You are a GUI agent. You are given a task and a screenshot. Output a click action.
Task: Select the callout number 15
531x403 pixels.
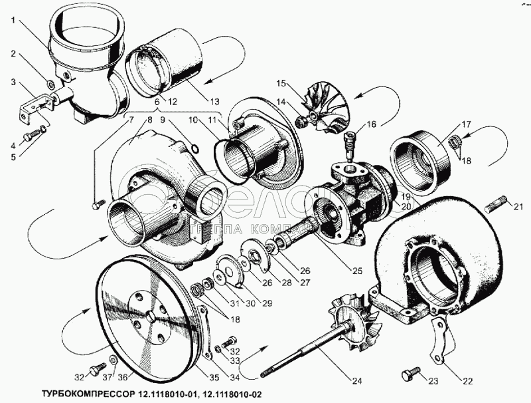280,84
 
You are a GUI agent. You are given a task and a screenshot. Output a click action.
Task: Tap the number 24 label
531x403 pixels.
357,380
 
